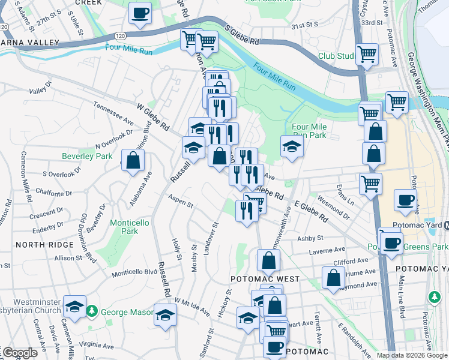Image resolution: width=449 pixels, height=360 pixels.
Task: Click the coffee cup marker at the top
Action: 140,13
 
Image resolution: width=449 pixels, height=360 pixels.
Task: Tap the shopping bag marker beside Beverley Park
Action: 133,160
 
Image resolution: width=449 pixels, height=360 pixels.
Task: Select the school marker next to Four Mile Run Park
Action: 291,146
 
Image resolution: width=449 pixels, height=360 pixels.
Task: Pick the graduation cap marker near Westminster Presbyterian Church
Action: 74,307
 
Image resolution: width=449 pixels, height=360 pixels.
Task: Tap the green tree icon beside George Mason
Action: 91,311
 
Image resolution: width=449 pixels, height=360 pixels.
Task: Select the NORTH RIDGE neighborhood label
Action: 39,245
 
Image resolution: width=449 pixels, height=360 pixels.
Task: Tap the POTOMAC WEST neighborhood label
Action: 257,280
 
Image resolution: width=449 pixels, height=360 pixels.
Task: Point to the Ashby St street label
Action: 311,238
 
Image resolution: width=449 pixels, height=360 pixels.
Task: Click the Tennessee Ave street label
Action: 113,112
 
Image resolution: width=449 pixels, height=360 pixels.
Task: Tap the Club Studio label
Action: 336,56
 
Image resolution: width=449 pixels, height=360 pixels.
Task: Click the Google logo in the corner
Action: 20,353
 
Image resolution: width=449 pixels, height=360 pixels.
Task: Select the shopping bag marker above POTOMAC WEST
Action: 268,261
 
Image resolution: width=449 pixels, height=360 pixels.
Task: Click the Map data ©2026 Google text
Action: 412,355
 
